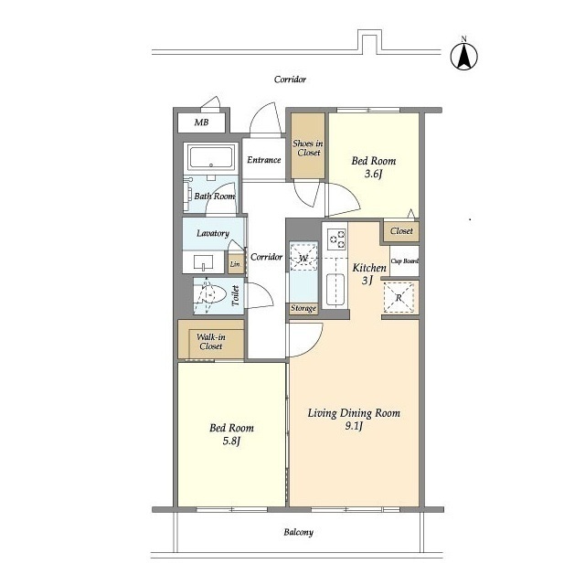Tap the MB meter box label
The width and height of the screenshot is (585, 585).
coord(201,122)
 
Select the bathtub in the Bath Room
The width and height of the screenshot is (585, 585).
coord(211,158)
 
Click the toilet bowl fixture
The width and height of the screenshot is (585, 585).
coord(213,294)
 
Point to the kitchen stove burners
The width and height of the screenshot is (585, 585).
coord(336,239)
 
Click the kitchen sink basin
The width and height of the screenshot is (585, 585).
coord(335,290)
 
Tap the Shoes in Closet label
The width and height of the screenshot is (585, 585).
coord(308,148)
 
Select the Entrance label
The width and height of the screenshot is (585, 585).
coord(264,160)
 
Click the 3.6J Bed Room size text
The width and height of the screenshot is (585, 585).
coord(374,174)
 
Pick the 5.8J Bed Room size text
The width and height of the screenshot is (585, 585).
coord(231,441)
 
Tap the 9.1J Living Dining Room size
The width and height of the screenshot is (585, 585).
coord(354,426)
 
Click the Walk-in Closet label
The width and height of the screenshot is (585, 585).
coord(211,341)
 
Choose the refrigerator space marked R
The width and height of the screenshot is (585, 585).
coord(399,297)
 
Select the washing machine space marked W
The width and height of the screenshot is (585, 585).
coord(303,257)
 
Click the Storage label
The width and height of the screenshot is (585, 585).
coord(303,309)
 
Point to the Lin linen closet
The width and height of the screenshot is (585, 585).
coord(235,264)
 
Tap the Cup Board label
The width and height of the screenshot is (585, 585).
coord(404,261)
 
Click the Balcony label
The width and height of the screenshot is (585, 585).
coord(298,532)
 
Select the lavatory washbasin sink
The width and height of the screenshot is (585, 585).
coord(203,262)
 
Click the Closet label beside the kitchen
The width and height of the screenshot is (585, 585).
coord(401,231)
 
